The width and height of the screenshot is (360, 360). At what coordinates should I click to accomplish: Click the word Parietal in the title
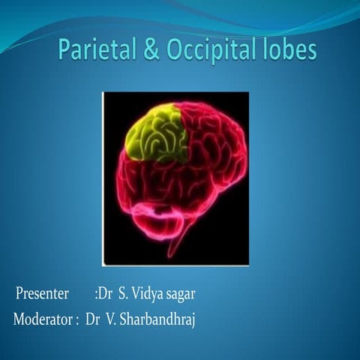tap(93, 51)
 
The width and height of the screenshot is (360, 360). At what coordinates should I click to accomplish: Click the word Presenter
tap(43, 292)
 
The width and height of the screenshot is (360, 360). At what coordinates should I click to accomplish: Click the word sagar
tap(182, 293)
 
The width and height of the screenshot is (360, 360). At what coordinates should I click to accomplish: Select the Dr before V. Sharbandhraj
tap(93, 319)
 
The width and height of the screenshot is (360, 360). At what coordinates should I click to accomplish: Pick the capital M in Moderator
tap(20, 319)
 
